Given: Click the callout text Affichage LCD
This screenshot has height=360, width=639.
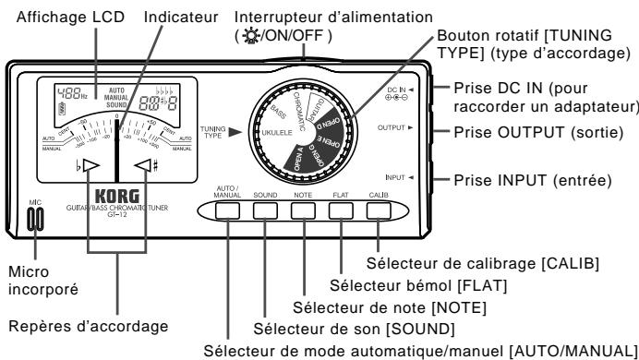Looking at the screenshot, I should click(54, 17).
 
